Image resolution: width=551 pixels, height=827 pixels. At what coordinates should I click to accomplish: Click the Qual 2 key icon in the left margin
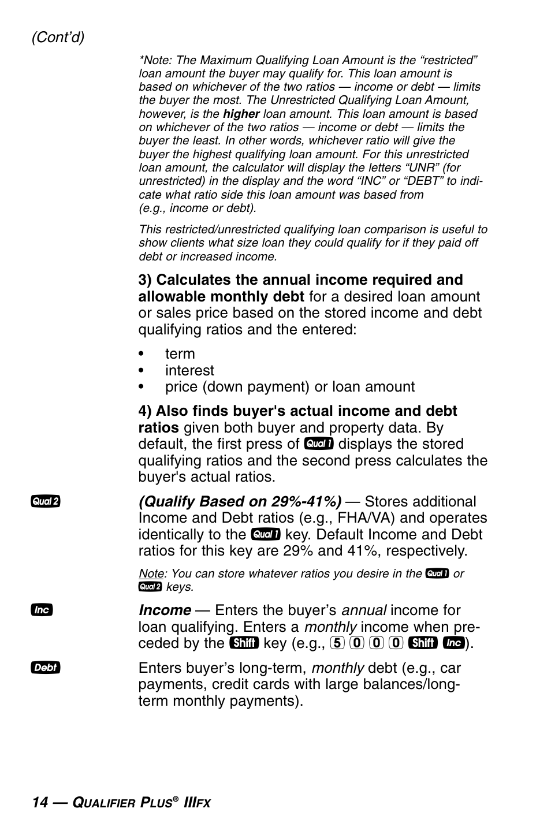tap(46, 501)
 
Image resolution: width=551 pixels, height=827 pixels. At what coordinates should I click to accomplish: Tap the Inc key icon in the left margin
tap(42, 610)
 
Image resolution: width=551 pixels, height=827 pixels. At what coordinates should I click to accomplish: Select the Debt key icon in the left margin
tap(46, 668)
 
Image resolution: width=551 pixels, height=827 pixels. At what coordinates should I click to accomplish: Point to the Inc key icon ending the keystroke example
tap(454, 643)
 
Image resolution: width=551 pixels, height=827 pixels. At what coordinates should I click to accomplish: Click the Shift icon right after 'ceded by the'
tap(243, 643)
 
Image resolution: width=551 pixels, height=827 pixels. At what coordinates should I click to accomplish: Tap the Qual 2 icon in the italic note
tap(150, 587)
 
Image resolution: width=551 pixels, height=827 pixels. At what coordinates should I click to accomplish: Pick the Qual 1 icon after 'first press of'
tap(319, 444)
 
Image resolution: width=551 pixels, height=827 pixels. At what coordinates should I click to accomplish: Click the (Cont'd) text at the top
tap(58, 38)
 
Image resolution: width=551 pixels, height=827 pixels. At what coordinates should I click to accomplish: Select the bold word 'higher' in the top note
tap(241, 114)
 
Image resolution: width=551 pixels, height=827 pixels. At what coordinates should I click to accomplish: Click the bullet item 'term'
tap(180, 354)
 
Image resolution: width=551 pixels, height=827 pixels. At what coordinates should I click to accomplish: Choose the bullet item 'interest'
tap(189, 370)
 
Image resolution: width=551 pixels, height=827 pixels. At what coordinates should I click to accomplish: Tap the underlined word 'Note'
tap(151, 573)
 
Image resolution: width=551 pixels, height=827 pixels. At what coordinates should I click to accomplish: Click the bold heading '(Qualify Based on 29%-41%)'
tap(240, 501)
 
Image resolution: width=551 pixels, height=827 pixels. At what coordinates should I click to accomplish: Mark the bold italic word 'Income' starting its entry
tap(165, 610)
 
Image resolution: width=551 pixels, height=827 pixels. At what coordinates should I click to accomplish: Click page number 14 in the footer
tap(40, 803)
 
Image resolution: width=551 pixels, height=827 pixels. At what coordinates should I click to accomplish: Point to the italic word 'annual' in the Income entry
tap(363, 610)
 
